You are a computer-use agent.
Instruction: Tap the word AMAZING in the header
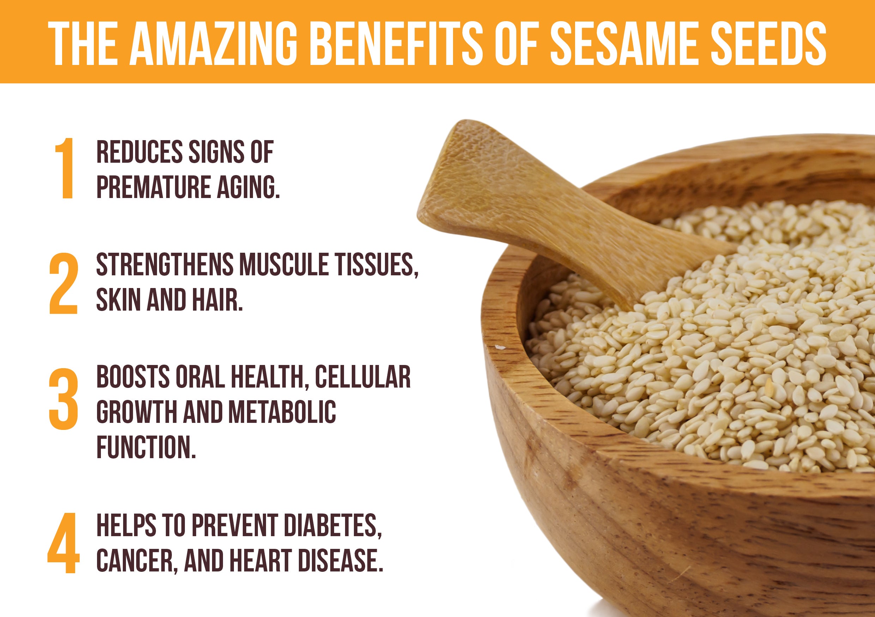214,43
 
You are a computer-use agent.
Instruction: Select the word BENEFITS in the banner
398,43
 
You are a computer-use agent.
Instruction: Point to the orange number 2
63,283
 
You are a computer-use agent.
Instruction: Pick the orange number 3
63,399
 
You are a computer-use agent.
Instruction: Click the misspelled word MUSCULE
284,264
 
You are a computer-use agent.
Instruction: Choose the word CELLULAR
363,377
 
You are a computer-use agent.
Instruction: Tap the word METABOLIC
282,412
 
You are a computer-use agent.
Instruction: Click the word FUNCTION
146,447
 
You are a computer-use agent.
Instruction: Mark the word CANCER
137,561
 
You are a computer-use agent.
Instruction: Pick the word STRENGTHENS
165,264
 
